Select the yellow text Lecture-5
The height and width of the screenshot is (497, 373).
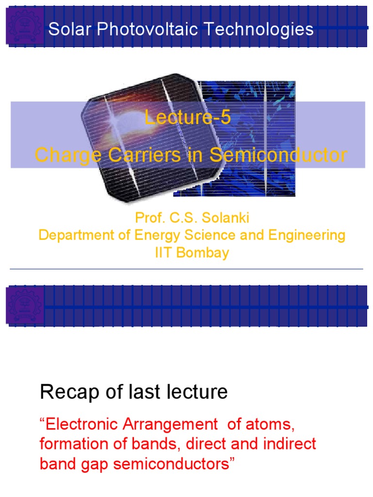pyautogui.click(x=187, y=118)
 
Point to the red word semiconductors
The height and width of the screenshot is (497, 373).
pyautogui.click(x=177, y=464)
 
